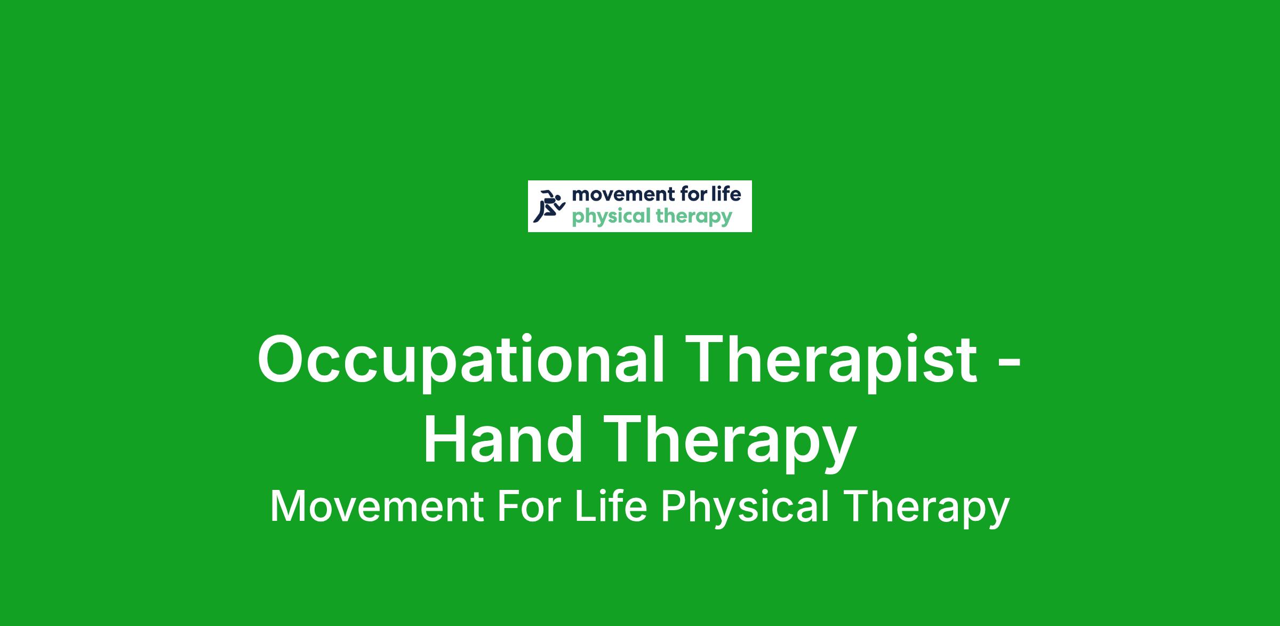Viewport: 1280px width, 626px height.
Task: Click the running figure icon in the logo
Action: click(x=549, y=206)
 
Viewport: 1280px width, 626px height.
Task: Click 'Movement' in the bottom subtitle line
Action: click(x=378, y=506)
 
